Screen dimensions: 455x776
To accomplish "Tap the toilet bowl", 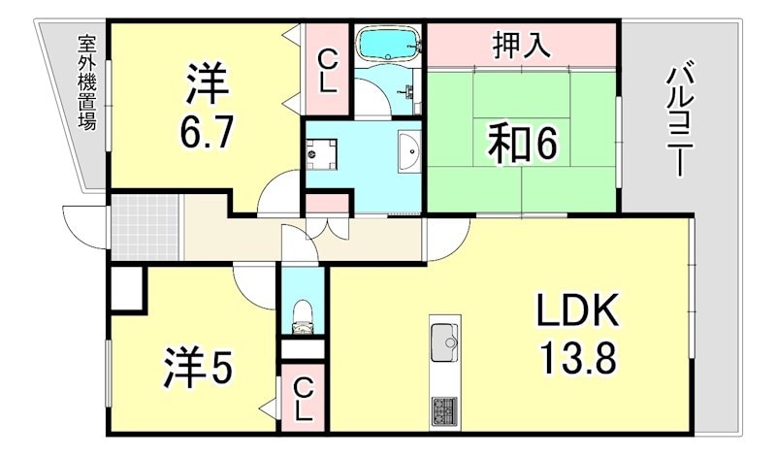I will [304, 313].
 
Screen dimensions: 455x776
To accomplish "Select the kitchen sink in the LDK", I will [445, 339].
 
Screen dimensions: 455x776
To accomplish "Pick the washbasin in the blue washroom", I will [409, 152].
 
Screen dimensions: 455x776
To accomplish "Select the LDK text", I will [578, 311].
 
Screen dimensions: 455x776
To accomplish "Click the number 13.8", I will [578, 360].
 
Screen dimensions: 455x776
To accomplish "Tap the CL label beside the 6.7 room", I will [327, 69].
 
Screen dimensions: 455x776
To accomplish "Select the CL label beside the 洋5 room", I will [304, 398].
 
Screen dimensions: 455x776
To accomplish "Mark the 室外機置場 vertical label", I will [87, 82].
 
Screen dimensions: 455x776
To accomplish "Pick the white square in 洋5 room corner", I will [126, 288].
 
